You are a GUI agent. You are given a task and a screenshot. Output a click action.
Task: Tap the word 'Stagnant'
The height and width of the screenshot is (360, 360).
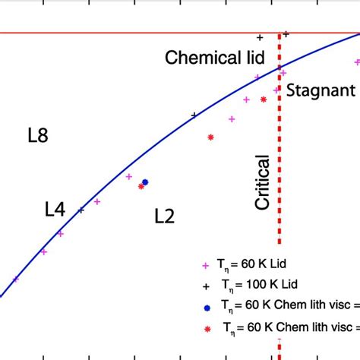(321, 91)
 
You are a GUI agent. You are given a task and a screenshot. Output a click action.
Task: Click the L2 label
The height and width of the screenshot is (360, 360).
(164, 216)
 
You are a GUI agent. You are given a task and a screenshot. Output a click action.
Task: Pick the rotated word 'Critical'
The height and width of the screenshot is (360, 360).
(263, 182)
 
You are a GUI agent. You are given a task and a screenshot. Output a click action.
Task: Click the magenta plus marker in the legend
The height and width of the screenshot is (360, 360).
(204, 266)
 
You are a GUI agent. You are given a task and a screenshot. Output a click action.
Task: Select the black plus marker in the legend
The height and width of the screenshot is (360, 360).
(204, 287)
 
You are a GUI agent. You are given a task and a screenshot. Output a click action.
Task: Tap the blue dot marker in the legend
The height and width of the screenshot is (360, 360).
(207, 308)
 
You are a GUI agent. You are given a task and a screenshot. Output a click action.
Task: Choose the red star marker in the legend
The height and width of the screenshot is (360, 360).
(207, 329)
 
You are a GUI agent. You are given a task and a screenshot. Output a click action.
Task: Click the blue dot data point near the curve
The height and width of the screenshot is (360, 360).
(145, 182)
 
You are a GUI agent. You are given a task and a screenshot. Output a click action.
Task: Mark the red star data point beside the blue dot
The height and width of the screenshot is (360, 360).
(141, 186)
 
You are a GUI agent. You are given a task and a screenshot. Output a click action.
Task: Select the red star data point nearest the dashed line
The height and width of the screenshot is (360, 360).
(264, 99)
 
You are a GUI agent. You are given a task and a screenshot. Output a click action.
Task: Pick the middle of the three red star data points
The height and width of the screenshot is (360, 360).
(210, 137)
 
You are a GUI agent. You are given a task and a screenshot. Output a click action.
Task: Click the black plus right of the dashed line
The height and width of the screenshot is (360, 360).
(286, 34)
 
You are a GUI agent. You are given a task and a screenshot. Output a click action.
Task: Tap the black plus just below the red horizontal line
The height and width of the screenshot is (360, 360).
(260, 37)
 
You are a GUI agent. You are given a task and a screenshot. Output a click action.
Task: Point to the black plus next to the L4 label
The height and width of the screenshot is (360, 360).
(81, 210)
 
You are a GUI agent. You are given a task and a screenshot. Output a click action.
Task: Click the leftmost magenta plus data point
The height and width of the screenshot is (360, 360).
(16, 279)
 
